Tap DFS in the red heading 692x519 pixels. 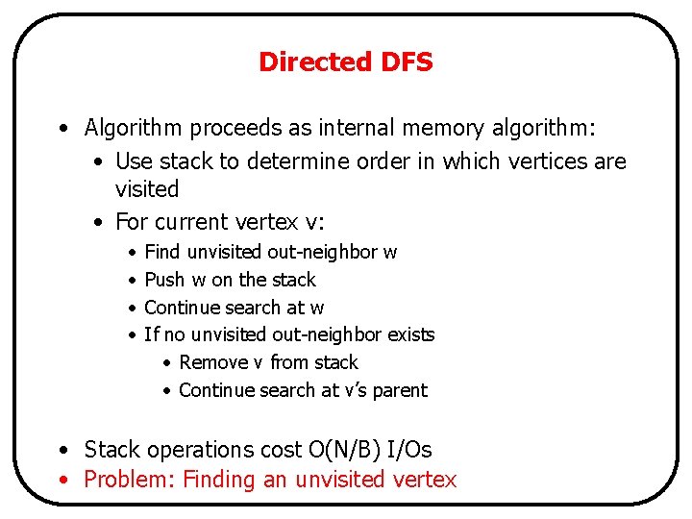[x=406, y=62]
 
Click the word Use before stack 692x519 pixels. [x=134, y=161]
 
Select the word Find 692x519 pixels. [x=161, y=252]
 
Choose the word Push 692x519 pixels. [x=162, y=280]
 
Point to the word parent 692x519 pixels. [x=401, y=391]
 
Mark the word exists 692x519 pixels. [x=410, y=334]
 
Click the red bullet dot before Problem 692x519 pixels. [x=62, y=479]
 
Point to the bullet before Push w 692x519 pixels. [x=131, y=280]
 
